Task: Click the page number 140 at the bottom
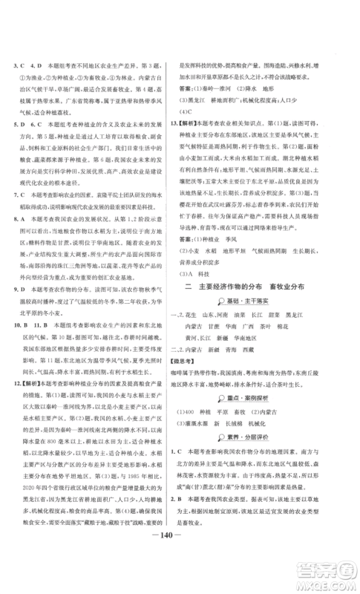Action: pyautogui.click(x=180, y=561)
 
